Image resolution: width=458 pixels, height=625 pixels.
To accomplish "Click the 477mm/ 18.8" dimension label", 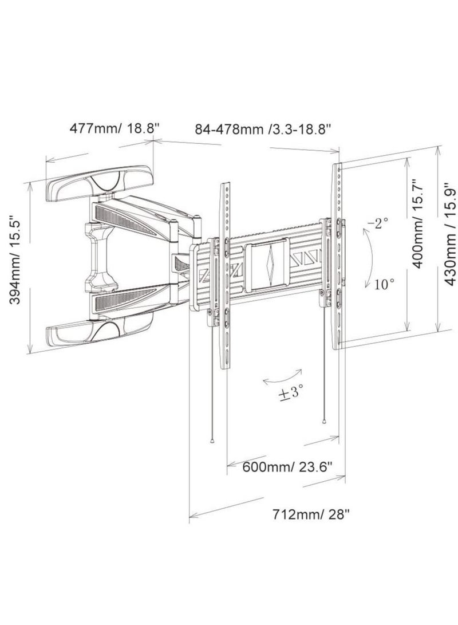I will (114, 128).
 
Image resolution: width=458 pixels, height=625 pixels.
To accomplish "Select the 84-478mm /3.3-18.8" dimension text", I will (263, 129).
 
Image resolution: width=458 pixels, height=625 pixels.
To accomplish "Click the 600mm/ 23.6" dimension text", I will (287, 466).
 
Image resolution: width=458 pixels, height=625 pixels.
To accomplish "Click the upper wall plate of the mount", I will (100, 183).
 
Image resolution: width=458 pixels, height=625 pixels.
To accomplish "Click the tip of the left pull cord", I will (213, 442).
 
